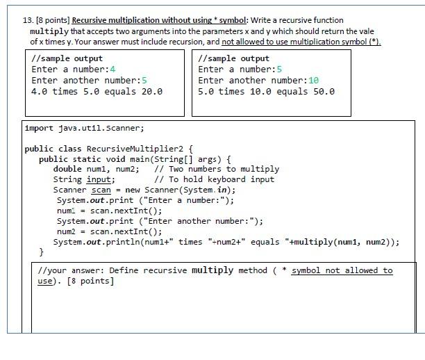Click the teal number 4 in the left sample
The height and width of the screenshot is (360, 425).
click(112, 69)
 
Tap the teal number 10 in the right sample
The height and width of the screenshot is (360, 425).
click(313, 80)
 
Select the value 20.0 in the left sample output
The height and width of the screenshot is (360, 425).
click(151, 91)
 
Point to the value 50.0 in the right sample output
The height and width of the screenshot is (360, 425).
click(323, 91)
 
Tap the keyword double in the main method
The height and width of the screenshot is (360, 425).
click(67, 169)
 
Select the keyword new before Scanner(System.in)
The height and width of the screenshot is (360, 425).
click(132, 190)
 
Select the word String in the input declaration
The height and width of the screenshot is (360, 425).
click(67, 179)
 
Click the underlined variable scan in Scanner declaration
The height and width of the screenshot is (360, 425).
click(101, 190)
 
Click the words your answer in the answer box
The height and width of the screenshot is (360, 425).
click(74, 270)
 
